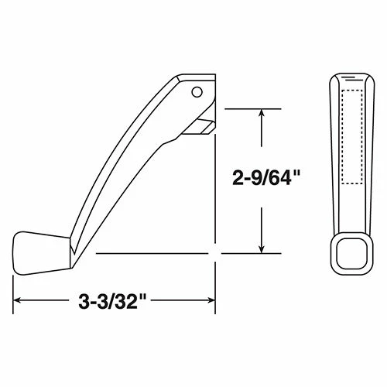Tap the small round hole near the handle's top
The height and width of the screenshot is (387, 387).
tap(197, 92)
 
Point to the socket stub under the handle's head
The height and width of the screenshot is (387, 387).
tap(203, 125)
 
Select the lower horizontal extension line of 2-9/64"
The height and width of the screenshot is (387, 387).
tap(186, 253)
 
